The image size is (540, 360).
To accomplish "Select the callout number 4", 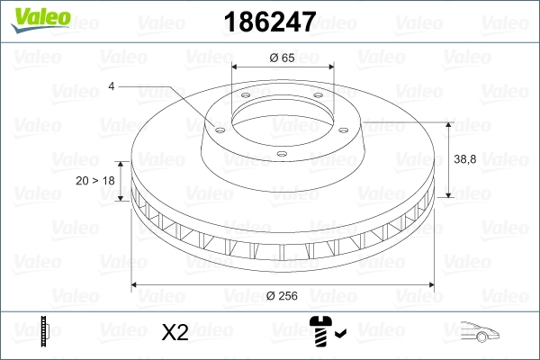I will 111,86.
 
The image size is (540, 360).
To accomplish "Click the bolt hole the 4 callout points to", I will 218,127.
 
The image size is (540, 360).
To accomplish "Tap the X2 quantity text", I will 175,332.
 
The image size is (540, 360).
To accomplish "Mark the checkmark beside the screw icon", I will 339,335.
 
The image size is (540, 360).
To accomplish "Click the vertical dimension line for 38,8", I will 449,157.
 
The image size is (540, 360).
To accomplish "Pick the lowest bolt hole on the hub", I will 281,154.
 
